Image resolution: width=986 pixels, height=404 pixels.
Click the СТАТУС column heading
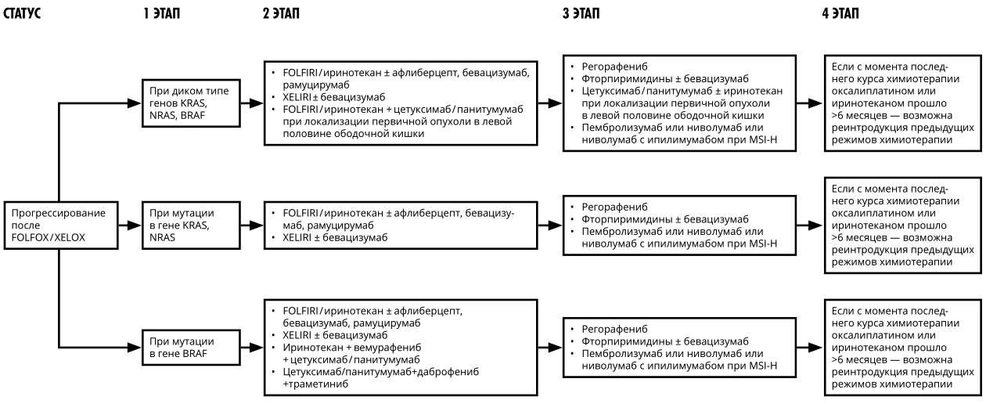coord(22,13)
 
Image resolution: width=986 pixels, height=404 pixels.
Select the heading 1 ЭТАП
coord(161,13)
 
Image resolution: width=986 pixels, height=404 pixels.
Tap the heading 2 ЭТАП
coord(281,13)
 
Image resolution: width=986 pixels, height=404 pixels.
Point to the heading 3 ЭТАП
coord(581,13)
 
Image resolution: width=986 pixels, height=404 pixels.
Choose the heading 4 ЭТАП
coord(840,13)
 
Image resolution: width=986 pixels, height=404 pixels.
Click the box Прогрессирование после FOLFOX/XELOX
coord(61,225)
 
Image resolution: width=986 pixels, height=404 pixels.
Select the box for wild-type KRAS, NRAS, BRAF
coord(191,103)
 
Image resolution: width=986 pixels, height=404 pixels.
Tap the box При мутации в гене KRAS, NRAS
coord(191,225)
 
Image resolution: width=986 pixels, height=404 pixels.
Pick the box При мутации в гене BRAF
coord(191,347)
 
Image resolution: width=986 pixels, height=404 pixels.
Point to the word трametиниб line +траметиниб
coord(315,384)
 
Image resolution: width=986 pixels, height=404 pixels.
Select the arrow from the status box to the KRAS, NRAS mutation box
coord(130,225)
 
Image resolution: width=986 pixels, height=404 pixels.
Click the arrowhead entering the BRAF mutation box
coord(135,347)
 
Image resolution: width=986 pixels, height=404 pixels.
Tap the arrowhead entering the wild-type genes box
coord(135,103)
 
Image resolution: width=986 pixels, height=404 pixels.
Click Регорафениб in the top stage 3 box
coord(614,67)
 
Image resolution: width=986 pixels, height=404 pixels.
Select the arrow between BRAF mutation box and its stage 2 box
coord(252,347)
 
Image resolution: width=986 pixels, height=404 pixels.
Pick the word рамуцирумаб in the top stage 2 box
coord(316,85)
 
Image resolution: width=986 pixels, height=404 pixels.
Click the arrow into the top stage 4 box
coord(810,103)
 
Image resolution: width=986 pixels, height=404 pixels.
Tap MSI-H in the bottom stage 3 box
coord(763,366)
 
